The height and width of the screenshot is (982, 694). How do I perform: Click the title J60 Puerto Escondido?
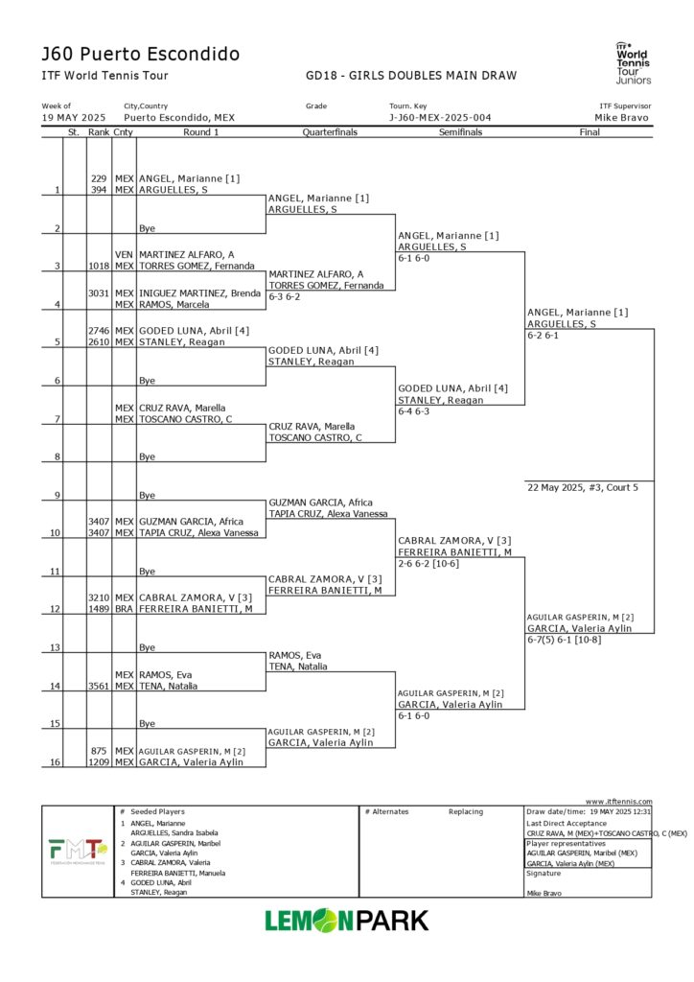coord(140,54)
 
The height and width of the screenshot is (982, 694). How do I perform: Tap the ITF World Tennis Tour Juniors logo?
coord(633,62)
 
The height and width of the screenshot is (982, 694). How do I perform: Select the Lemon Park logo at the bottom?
coord(347,921)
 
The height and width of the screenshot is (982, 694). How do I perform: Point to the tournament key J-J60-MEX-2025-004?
coord(440,118)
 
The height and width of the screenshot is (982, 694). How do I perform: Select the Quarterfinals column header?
coord(330,132)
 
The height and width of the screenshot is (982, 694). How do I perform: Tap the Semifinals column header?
coord(460,132)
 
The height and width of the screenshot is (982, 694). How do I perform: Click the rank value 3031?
coord(99,292)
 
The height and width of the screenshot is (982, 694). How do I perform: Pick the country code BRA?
coord(124,609)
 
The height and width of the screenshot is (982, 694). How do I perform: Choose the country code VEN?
coord(124,254)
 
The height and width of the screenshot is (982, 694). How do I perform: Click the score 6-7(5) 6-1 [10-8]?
coord(565,640)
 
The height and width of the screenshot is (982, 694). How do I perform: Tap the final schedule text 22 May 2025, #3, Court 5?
coord(583,487)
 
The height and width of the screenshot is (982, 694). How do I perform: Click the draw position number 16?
coord(56,762)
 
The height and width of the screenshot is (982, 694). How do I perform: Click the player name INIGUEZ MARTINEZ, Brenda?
coord(199,292)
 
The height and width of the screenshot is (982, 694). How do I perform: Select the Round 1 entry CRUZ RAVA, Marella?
coord(182,408)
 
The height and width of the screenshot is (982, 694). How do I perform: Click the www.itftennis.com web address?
coord(618,802)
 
